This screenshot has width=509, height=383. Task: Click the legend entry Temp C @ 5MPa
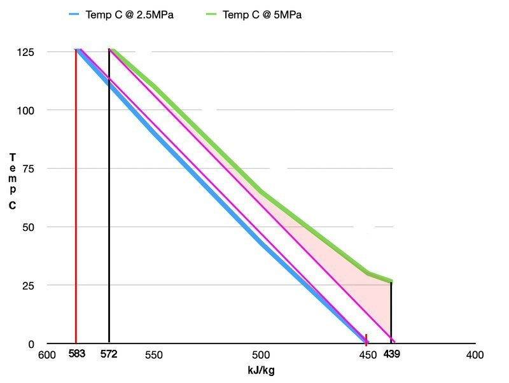point(262,15)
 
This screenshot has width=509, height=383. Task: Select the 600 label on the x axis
point(46,356)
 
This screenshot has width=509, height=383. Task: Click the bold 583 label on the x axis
point(76,354)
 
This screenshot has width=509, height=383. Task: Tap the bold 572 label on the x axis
point(109,354)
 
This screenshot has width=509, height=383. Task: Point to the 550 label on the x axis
point(153,356)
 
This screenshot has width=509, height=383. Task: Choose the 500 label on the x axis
point(260,356)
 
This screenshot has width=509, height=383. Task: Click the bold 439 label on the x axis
point(391,354)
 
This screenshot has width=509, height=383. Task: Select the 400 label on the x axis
point(475,356)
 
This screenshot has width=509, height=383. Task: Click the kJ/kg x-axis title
point(260,370)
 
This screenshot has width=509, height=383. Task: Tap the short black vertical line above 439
point(391,312)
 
